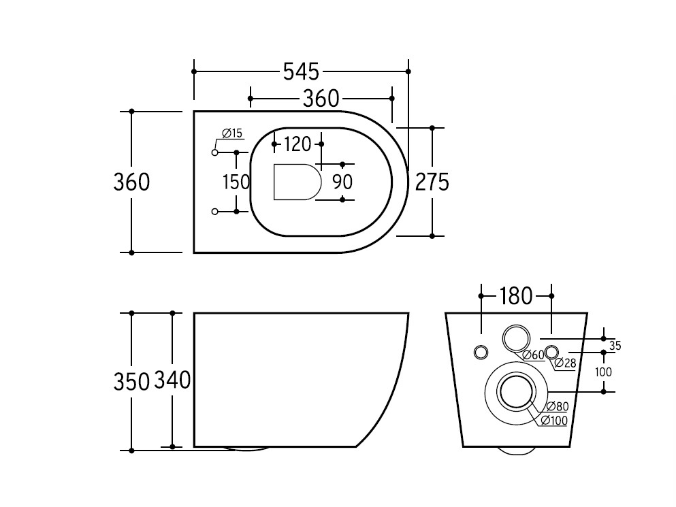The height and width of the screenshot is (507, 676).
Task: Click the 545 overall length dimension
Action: coord(301,71)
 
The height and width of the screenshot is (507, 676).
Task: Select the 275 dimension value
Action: coord(432,182)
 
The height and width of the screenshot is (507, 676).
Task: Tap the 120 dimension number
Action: coord(297,144)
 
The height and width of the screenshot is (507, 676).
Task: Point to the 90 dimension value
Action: coord(342,182)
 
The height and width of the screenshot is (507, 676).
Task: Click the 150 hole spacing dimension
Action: coord(236,182)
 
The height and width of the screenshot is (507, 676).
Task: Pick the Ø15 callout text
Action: coord(232,133)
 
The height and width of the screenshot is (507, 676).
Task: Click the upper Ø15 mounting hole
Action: coord(214,152)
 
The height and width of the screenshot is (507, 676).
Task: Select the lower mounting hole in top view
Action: coord(214,211)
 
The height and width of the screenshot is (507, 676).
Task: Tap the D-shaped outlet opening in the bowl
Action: coord(297,182)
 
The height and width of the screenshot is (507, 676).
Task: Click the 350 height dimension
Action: coord(131,381)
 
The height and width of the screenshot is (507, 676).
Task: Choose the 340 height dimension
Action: coord(172,380)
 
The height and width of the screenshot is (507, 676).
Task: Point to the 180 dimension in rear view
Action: coord(515,296)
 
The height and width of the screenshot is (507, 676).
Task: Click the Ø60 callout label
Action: coord(534,355)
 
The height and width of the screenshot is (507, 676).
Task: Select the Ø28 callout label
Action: coord(565,363)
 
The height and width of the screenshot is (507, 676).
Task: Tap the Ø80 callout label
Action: coord(558,406)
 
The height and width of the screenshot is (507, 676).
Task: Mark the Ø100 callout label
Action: coord(554,421)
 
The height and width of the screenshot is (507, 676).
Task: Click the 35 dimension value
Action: coord(615,345)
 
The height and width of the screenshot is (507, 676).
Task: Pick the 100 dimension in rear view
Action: coord(603,372)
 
